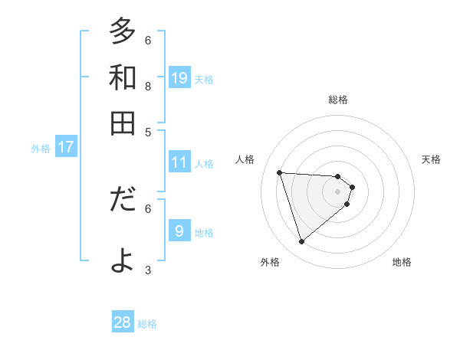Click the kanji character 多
click(123, 33)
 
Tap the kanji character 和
click(123, 77)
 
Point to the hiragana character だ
click(123, 200)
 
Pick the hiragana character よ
click(123, 260)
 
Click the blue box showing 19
click(179, 77)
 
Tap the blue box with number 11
click(179, 162)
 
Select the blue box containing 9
click(179, 231)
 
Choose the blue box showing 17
click(65, 147)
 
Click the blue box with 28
click(123, 322)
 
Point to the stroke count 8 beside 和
click(148, 86)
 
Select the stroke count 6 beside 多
click(148, 40)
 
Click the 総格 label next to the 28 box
click(148, 324)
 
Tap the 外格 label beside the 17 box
click(41, 149)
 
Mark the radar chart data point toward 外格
click(301, 242)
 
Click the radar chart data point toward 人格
click(280, 172)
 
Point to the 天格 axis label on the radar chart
click(432, 159)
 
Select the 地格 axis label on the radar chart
click(402, 263)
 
